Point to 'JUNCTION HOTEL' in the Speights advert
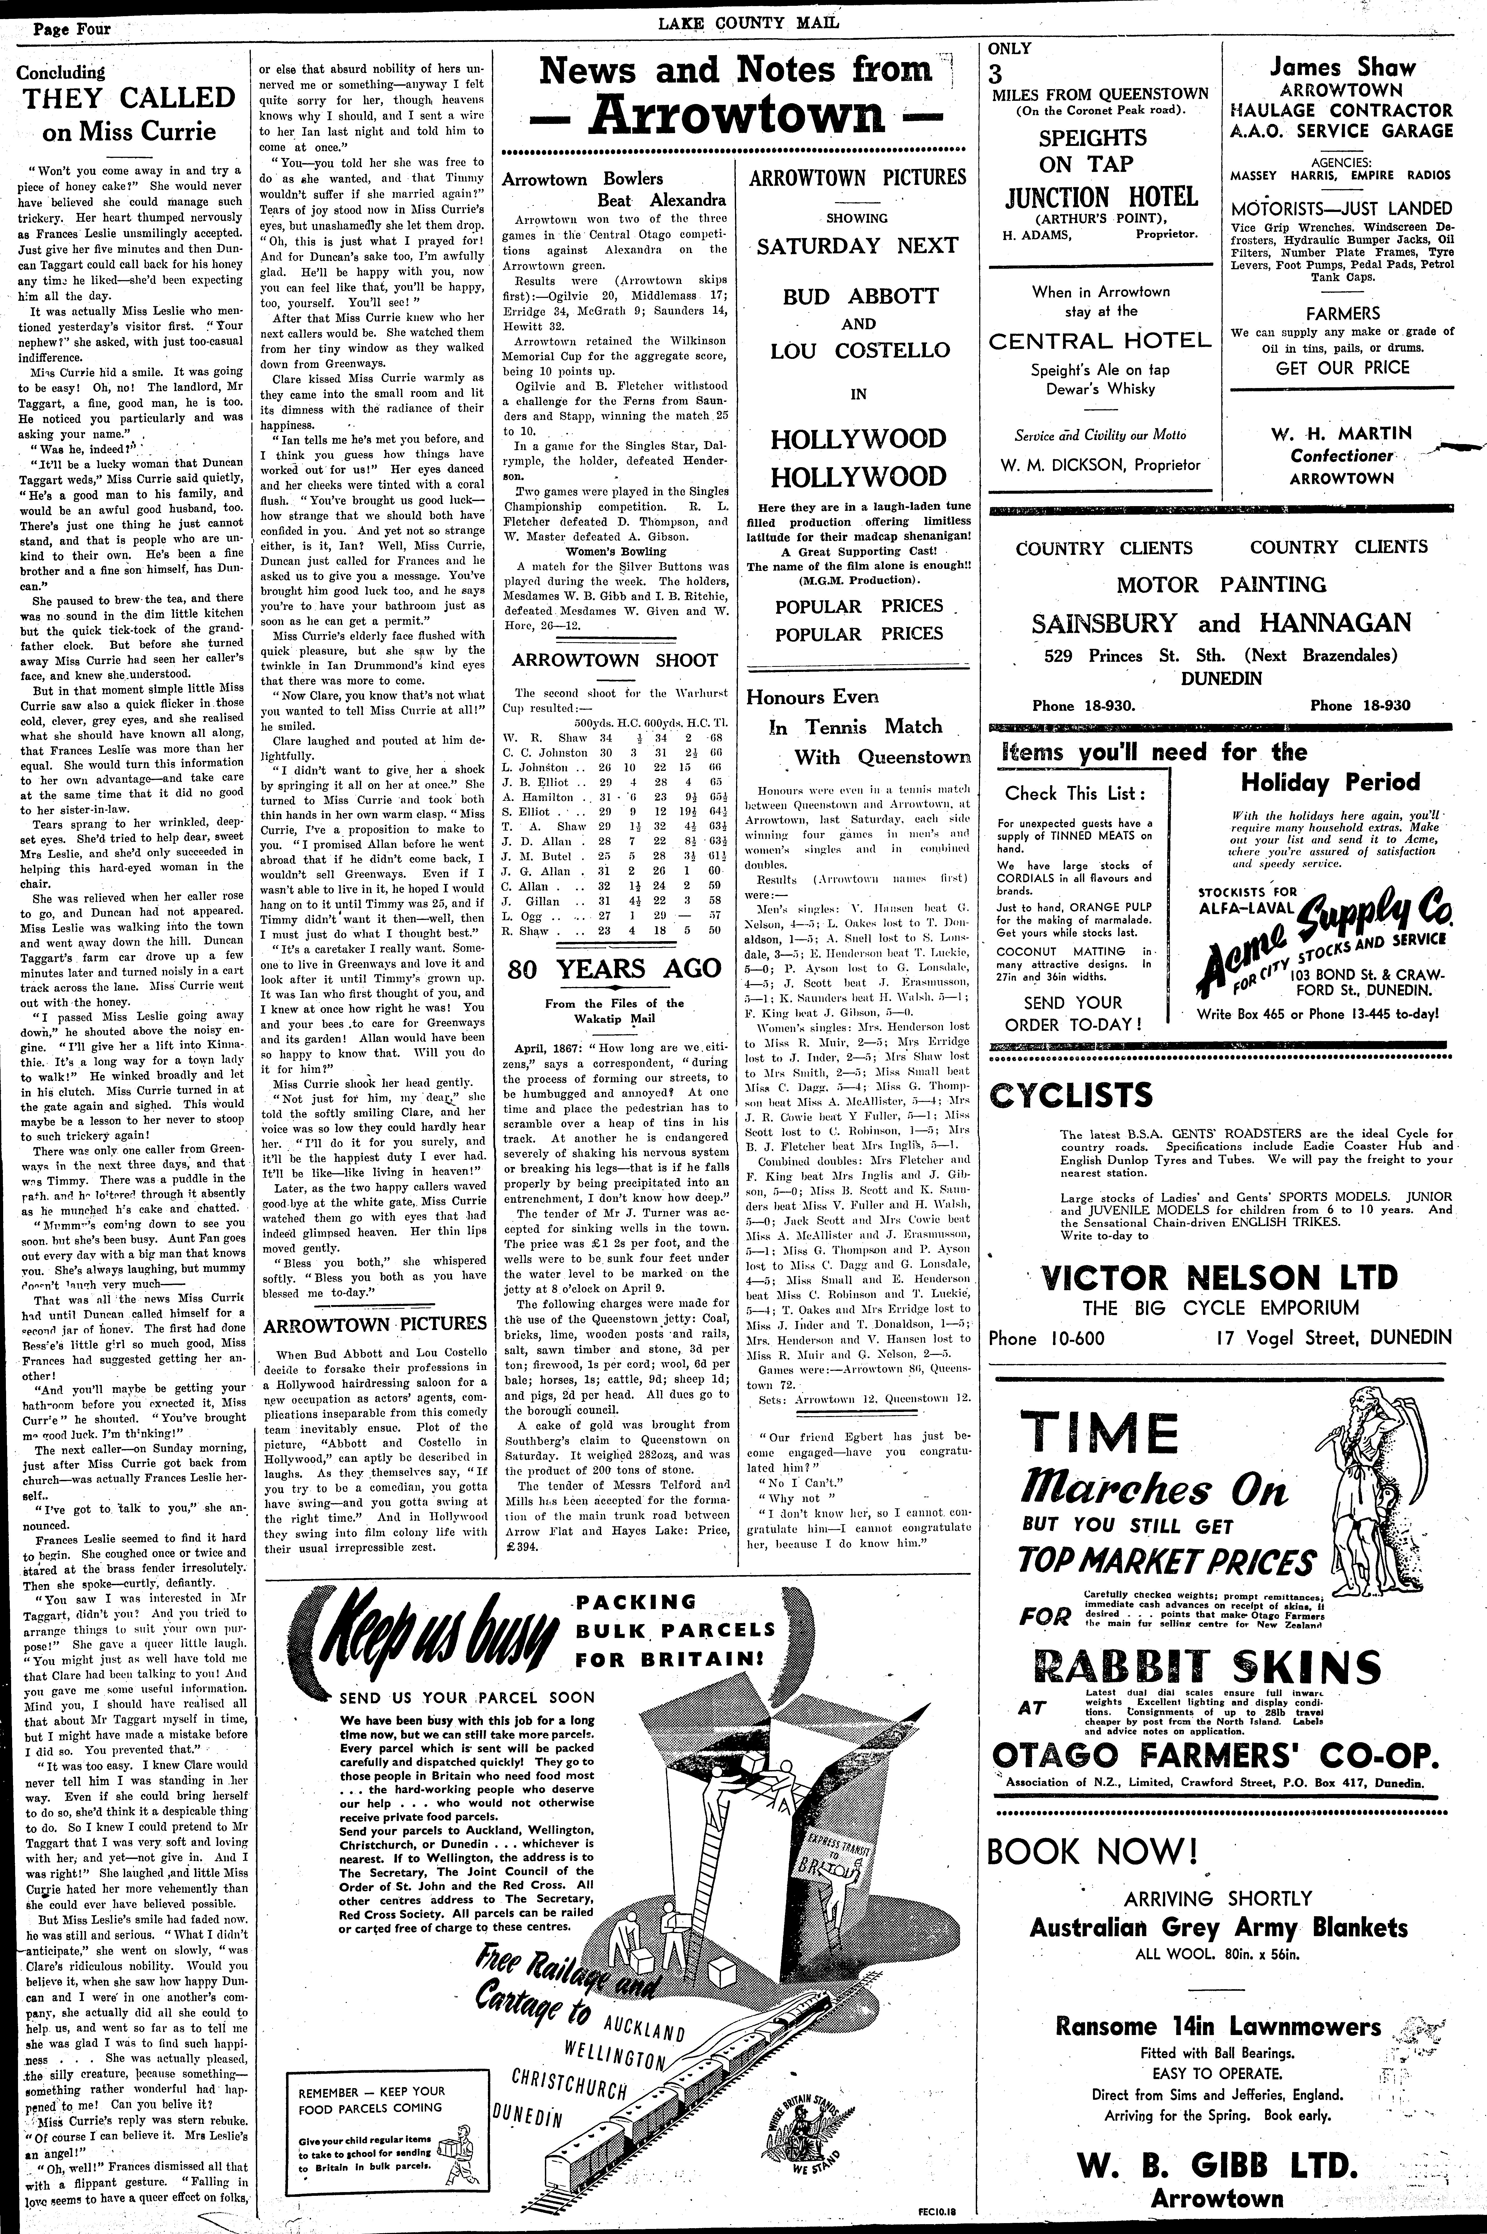click(1100, 197)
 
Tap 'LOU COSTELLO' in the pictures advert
click(858, 350)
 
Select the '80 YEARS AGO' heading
click(615, 968)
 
